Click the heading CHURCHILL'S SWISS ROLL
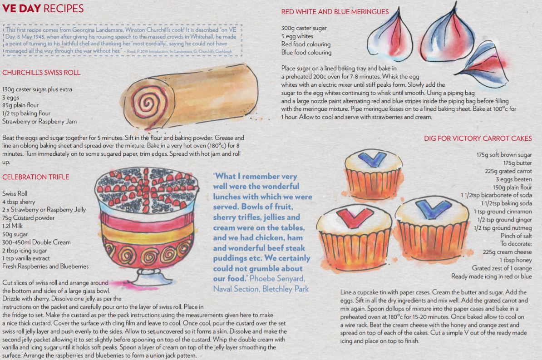click(41, 73)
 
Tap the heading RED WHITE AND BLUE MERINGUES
click(335, 12)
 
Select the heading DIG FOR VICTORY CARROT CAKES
click(478, 138)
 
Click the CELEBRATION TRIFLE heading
click(35, 177)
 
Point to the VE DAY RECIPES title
click(43, 8)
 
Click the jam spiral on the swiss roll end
click(148, 103)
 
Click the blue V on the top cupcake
click(372, 159)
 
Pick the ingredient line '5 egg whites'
click(297, 36)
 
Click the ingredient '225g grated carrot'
click(508, 171)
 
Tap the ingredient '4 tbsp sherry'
click(19, 202)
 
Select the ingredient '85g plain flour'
click(20, 105)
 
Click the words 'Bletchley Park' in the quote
click(285, 289)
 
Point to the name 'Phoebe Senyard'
click(277, 279)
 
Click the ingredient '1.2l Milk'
click(12, 226)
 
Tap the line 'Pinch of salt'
click(517, 236)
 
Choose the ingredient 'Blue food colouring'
click(306, 53)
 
